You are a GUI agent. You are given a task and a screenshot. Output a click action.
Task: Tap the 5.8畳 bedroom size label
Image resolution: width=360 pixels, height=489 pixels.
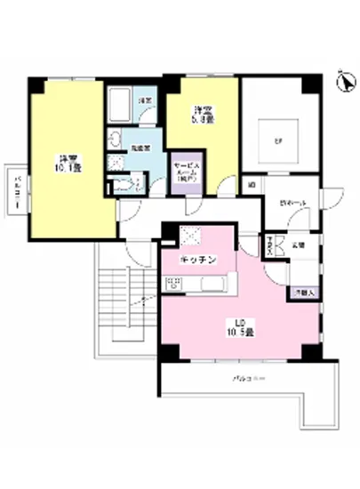204,114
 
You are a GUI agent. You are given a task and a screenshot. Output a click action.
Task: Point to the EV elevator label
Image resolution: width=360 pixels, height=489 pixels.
277,139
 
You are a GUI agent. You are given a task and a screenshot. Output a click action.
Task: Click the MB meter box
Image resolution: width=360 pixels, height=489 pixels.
252,185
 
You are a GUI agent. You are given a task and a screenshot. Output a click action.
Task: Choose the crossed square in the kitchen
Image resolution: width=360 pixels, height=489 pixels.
190,235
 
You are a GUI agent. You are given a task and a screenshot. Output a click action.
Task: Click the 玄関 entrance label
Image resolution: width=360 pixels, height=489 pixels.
298,244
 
